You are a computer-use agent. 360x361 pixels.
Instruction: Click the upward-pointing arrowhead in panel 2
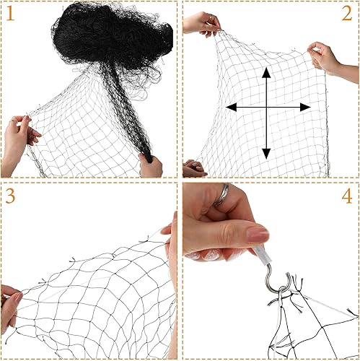tap(266, 72)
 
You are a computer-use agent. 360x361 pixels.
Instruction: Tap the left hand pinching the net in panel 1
tap(18, 141)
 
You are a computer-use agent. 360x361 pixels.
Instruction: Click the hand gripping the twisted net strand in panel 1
tap(150, 165)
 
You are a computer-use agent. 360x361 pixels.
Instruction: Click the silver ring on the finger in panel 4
tap(225, 193)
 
